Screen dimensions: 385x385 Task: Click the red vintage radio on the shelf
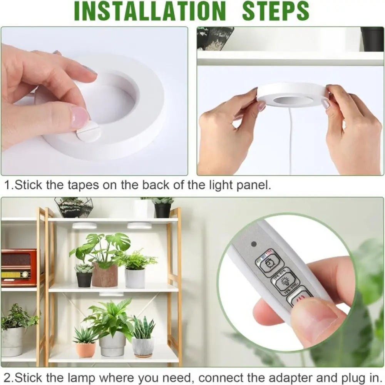18,268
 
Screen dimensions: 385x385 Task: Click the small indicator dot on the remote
253,244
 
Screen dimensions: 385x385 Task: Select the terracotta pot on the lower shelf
85,350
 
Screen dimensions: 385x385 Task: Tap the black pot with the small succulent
84,278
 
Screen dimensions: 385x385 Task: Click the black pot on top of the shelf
162,210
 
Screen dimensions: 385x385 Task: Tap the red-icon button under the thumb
301,298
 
